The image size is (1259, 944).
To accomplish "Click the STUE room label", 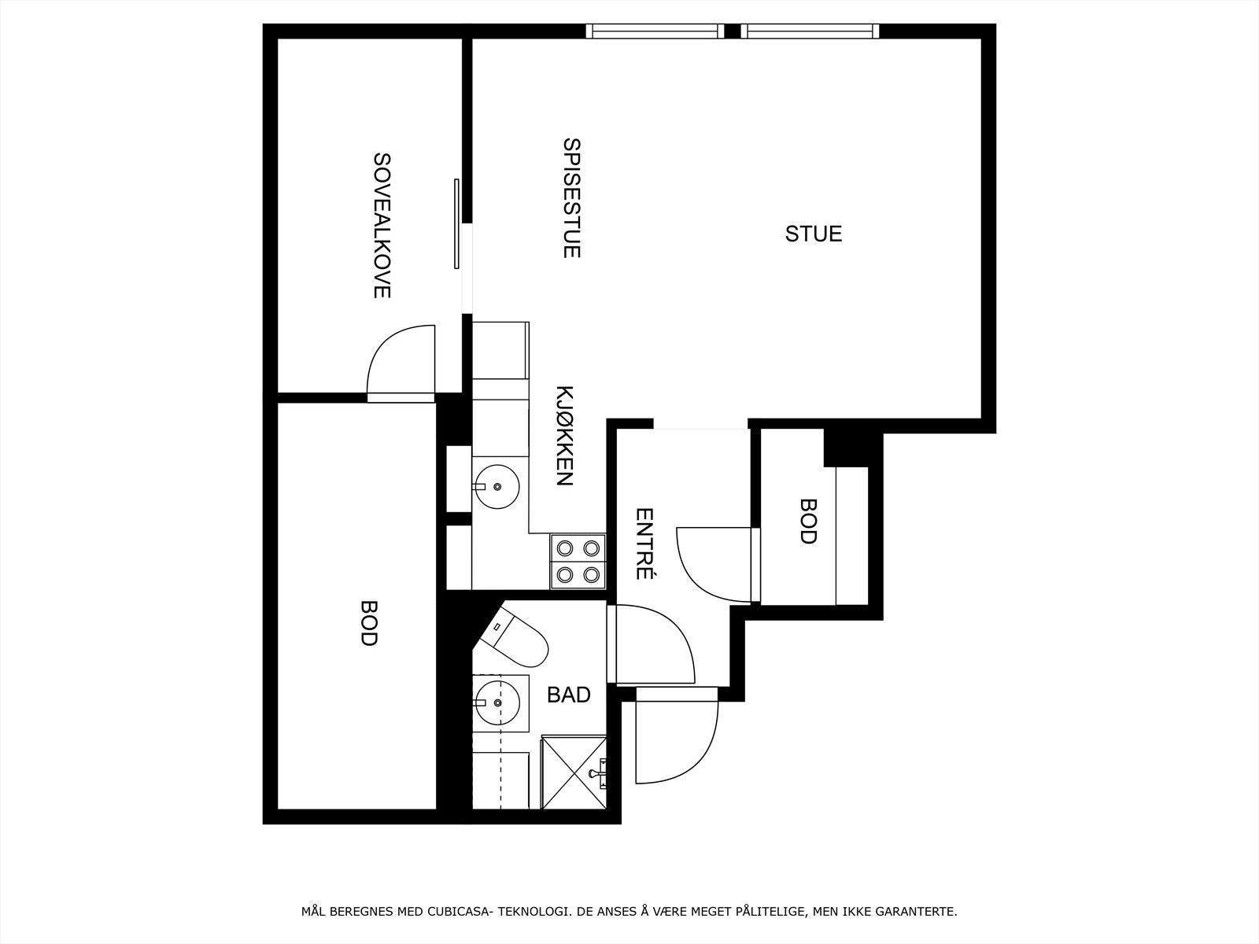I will point(814,234).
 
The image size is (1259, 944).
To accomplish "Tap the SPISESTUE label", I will point(572,198).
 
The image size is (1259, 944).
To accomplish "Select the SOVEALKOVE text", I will point(382,225).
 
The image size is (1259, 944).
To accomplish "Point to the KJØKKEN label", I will point(564,436).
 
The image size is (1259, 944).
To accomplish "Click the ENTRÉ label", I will point(645,544).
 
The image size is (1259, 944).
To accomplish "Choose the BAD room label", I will point(568,695).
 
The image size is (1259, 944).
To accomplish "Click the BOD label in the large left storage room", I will point(368,622).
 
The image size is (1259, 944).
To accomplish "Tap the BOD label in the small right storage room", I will point(807,521).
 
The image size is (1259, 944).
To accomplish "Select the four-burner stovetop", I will point(578,561).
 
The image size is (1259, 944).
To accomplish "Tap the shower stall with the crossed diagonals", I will point(574,773).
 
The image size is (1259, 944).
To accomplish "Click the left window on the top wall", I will point(655,31).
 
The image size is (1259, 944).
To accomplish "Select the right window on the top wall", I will point(810,31).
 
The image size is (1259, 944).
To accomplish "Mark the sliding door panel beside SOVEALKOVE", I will point(456,224).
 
